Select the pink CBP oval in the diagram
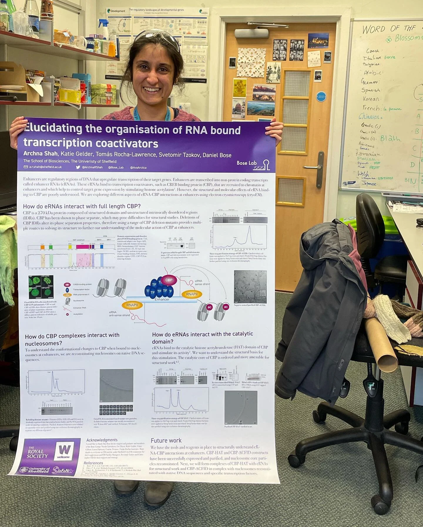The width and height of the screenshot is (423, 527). [x=169, y=280]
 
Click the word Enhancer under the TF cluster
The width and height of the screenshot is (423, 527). [x=162, y=299]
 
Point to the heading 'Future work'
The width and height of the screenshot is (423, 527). [x=166, y=440]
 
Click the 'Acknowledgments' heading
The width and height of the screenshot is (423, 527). [x=102, y=440]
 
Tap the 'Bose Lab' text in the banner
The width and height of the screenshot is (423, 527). [x=246, y=163]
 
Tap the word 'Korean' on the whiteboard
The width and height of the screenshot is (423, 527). [x=371, y=99]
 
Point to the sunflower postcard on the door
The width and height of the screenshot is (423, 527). [x=240, y=88]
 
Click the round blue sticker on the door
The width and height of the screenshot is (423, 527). [x=321, y=97]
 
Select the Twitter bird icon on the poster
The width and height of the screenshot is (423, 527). [x=78, y=167]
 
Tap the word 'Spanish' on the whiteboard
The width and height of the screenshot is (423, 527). [x=371, y=90]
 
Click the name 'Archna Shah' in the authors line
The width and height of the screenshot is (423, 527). [x=41, y=154]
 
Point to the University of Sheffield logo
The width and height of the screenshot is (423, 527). [x=35, y=470]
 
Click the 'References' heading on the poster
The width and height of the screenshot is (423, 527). [x=93, y=463]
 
